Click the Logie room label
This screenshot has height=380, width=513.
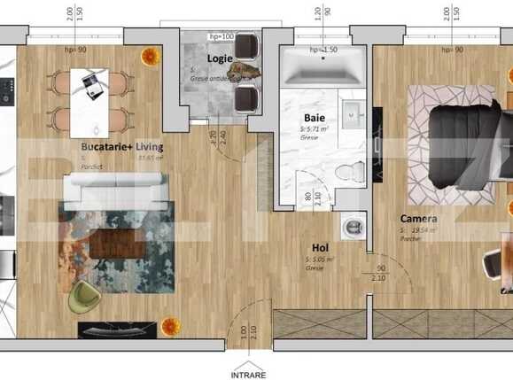pyautogui.click(x=220, y=58)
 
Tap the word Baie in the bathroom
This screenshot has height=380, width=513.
pyautogui.click(x=314, y=117)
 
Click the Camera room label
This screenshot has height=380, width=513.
pyautogui.click(x=417, y=219)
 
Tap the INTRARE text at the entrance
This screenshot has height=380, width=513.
pyautogui.click(x=248, y=374)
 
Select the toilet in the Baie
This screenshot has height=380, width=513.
pyautogui.click(x=353, y=169)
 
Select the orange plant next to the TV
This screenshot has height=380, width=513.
pyautogui.click(x=171, y=327)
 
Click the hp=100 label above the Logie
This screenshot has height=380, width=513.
pyautogui.click(x=221, y=36)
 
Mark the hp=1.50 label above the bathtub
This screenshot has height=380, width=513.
pyautogui.click(x=323, y=50)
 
